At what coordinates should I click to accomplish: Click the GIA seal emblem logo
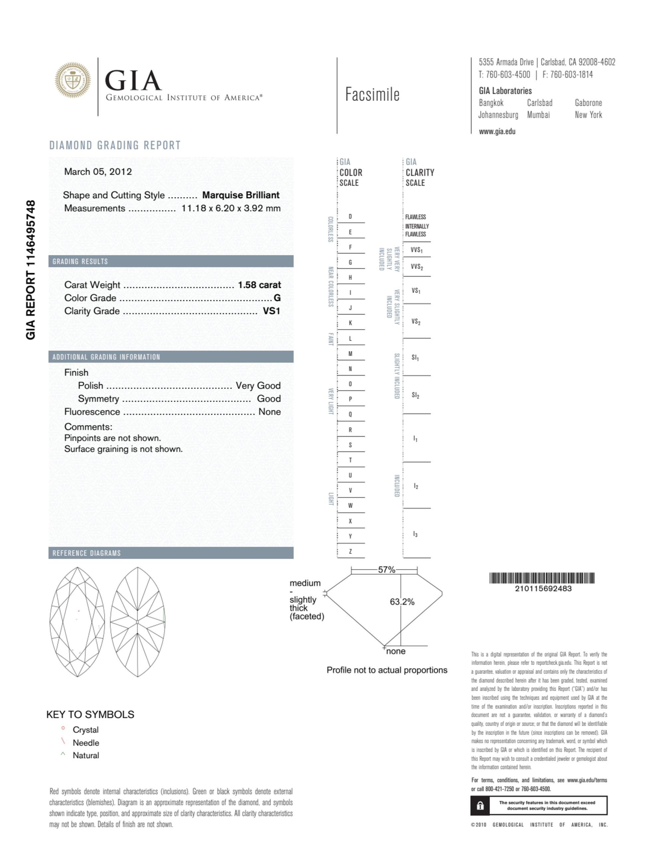point(72,80)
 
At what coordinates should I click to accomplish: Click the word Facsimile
point(372,95)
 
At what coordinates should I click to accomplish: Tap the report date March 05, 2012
point(98,172)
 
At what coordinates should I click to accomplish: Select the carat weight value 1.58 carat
point(259,285)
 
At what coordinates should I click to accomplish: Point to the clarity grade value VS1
point(271,311)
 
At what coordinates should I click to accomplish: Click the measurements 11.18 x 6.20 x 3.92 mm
point(231,208)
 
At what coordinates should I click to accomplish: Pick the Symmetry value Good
point(269,399)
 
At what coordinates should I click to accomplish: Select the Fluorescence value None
point(269,412)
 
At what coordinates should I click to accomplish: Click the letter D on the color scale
point(350,217)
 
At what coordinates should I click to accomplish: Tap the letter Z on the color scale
point(350,552)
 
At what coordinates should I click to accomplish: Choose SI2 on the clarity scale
point(415,395)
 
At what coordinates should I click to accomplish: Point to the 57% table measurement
point(386,570)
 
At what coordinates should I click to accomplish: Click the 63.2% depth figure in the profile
point(402,602)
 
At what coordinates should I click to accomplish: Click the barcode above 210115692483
point(542,578)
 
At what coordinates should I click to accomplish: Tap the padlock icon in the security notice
point(480,806)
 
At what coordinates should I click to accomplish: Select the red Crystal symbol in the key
point(63,728)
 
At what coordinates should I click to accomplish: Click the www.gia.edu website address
point(497,132)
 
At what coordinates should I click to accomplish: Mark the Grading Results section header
point(80,261)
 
